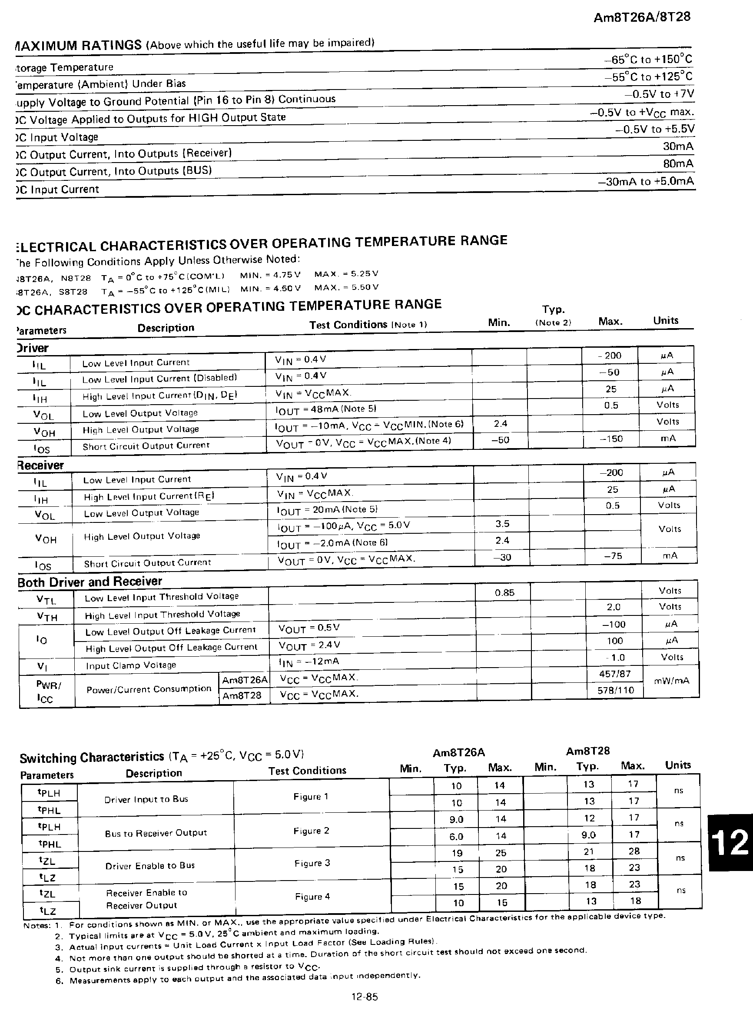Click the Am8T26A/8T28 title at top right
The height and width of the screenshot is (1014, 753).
642,17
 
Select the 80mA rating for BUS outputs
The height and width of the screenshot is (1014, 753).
678,164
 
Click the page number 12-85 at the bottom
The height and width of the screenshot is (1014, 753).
365,997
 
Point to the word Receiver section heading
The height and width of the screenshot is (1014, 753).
40,465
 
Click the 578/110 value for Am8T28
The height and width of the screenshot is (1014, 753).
616,690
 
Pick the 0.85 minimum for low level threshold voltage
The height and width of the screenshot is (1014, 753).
504,593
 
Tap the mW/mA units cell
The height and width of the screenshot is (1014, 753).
671,681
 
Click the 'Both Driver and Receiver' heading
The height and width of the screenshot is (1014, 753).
90,582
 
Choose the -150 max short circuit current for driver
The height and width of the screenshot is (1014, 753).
611,439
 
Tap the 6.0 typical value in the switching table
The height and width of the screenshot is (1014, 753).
456,836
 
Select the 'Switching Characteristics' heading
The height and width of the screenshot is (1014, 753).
92,758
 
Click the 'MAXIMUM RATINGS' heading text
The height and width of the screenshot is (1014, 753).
78,45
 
